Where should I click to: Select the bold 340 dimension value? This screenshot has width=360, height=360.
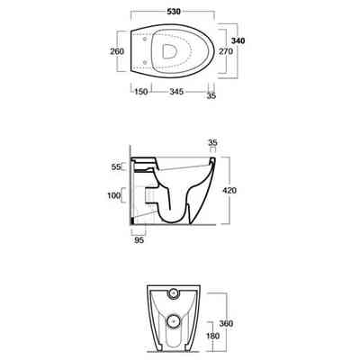click(x=238, y=40)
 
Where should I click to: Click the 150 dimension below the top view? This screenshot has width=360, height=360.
click(x=142, y=92)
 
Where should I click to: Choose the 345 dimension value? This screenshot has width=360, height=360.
click(x=174, y=92)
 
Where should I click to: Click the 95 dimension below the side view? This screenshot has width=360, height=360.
click(x=138, y=239)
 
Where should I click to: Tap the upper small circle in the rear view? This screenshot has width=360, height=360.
click(x=174, y=295)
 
